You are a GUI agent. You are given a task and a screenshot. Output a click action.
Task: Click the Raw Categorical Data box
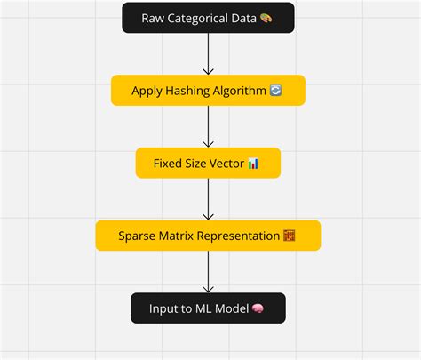pyautogui.click(x=208, y=18)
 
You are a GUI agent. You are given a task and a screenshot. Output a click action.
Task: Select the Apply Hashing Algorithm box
pyautogui.click(x=208, y=91)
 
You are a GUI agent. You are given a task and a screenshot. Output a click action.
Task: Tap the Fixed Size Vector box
pyautogui.click(x=208, y=163)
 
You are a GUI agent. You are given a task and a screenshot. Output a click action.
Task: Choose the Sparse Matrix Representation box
pyautogui.click(x=208, y=236)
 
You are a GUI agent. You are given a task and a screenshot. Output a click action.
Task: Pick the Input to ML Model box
pyautogui.click(x=208, y=308)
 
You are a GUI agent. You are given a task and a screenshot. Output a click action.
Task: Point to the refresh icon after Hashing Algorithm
pyautogui.click(x=274, y=91)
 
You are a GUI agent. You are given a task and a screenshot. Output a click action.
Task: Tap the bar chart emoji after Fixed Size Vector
pyautogui.click(x=253, y=163)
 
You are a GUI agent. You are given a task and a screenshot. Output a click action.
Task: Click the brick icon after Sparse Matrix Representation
pyautogui.click(x=289, y=236)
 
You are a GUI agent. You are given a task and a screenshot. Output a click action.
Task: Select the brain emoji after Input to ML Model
pyautogui.click(x=258, y=308)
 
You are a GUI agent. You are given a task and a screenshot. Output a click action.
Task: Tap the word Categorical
pyautogui.click(x=199, y=18)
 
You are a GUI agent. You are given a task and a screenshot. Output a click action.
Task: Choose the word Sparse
pyautogui.click(x=138, y=236)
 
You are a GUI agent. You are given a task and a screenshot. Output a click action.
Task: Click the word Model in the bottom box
pyautogui.click(x=231, y=308)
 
